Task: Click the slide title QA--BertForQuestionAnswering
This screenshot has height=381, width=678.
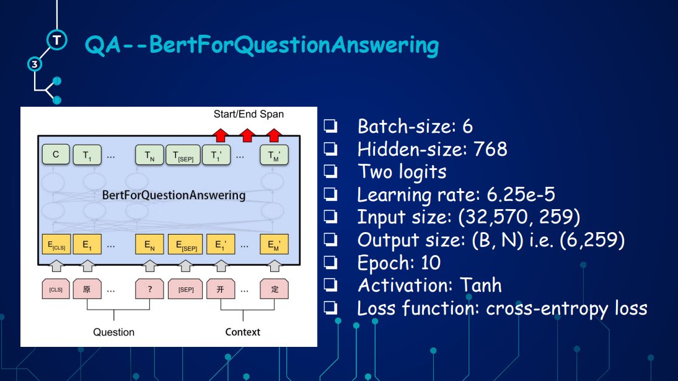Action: (262, 45)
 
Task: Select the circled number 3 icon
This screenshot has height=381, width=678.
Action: (35, 64)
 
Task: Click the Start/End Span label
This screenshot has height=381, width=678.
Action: (249, 114)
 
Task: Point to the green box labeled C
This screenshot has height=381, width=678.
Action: (56, 155)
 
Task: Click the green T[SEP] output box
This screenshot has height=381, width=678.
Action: (183, 156)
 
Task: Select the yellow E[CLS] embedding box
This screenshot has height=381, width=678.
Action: (56, 244)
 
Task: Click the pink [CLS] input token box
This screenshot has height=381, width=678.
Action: (56, 289)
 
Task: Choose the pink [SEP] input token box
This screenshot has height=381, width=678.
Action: (186, 289)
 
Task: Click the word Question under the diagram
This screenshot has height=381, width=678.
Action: (113, 332)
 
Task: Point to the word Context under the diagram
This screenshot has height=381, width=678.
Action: (243, 332)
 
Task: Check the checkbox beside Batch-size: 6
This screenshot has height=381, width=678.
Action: (330, 127)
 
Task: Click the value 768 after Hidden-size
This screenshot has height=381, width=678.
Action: (490, 150)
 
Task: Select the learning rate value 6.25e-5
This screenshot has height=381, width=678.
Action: (521, 195)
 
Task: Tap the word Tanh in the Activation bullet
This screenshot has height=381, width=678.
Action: (481, 285)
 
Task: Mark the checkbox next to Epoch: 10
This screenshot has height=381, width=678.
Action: (330, 262)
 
